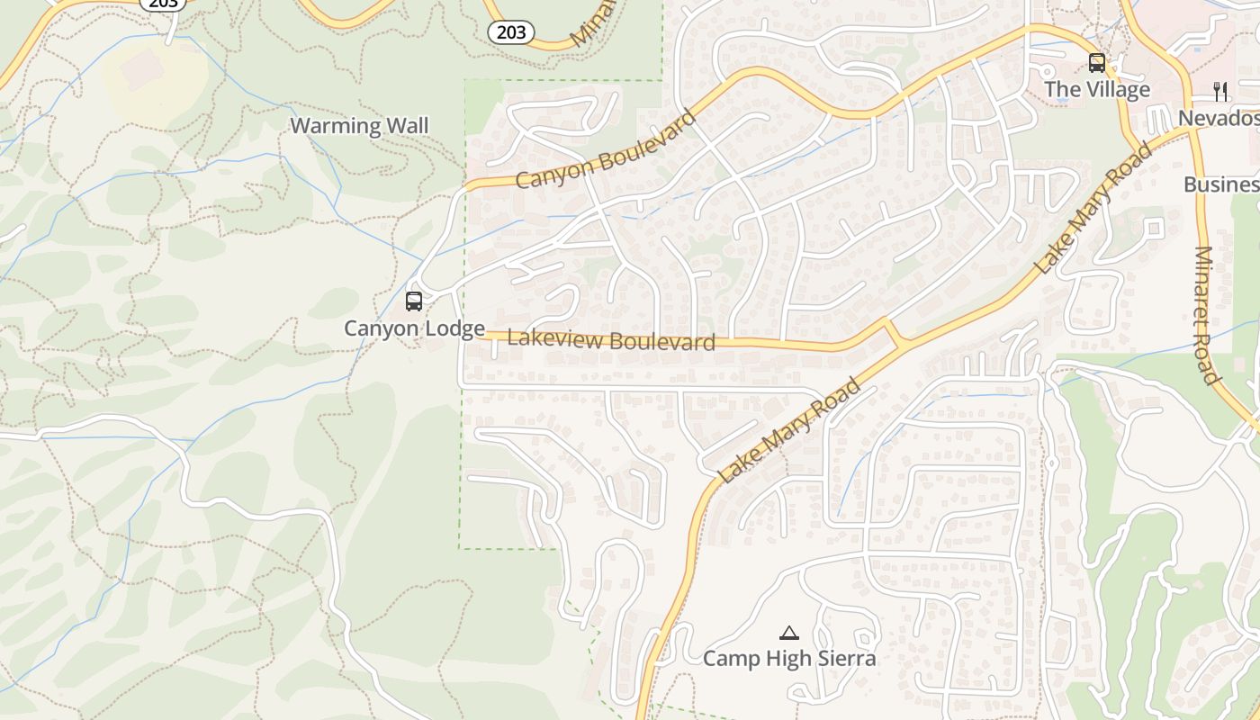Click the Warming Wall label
tap(359, 126)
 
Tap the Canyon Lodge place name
tap(414, 328)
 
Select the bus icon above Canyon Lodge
tap(414, 301)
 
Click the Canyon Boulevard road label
tap(606, 150)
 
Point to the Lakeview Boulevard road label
tap(611, 340)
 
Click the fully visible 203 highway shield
tap(511, 33)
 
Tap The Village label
tap(1096, 89)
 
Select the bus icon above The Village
tap(1096, 63)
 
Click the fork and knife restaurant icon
tap(1220, 91)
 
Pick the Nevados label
tap(1219, 118)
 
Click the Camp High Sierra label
tap(788, 659)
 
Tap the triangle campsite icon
tap(788, 633)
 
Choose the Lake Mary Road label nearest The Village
tap(1093, 209)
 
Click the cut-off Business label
tap(1221, 184)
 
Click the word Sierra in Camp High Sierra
tap(844, 659)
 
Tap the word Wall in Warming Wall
tap(408, 126)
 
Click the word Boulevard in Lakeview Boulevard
tap(661, 341)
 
